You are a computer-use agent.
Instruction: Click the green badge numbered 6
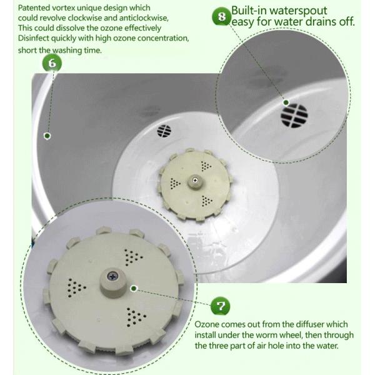[x=52, y=62]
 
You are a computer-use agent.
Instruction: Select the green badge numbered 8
[x=221, y=16]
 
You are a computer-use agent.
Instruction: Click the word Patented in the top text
[x=35, y=7]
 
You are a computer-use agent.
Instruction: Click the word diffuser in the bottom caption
[x=299, y=324]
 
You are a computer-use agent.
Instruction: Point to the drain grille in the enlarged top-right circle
[x=294, y=115]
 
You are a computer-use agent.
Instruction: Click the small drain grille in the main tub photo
[x=164, y=131]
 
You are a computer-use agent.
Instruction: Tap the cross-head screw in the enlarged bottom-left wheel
[x=113, y=276]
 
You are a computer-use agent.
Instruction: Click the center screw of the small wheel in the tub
[x=196, y=181]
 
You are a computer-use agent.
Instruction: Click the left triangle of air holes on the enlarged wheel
[x=77, y=287]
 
